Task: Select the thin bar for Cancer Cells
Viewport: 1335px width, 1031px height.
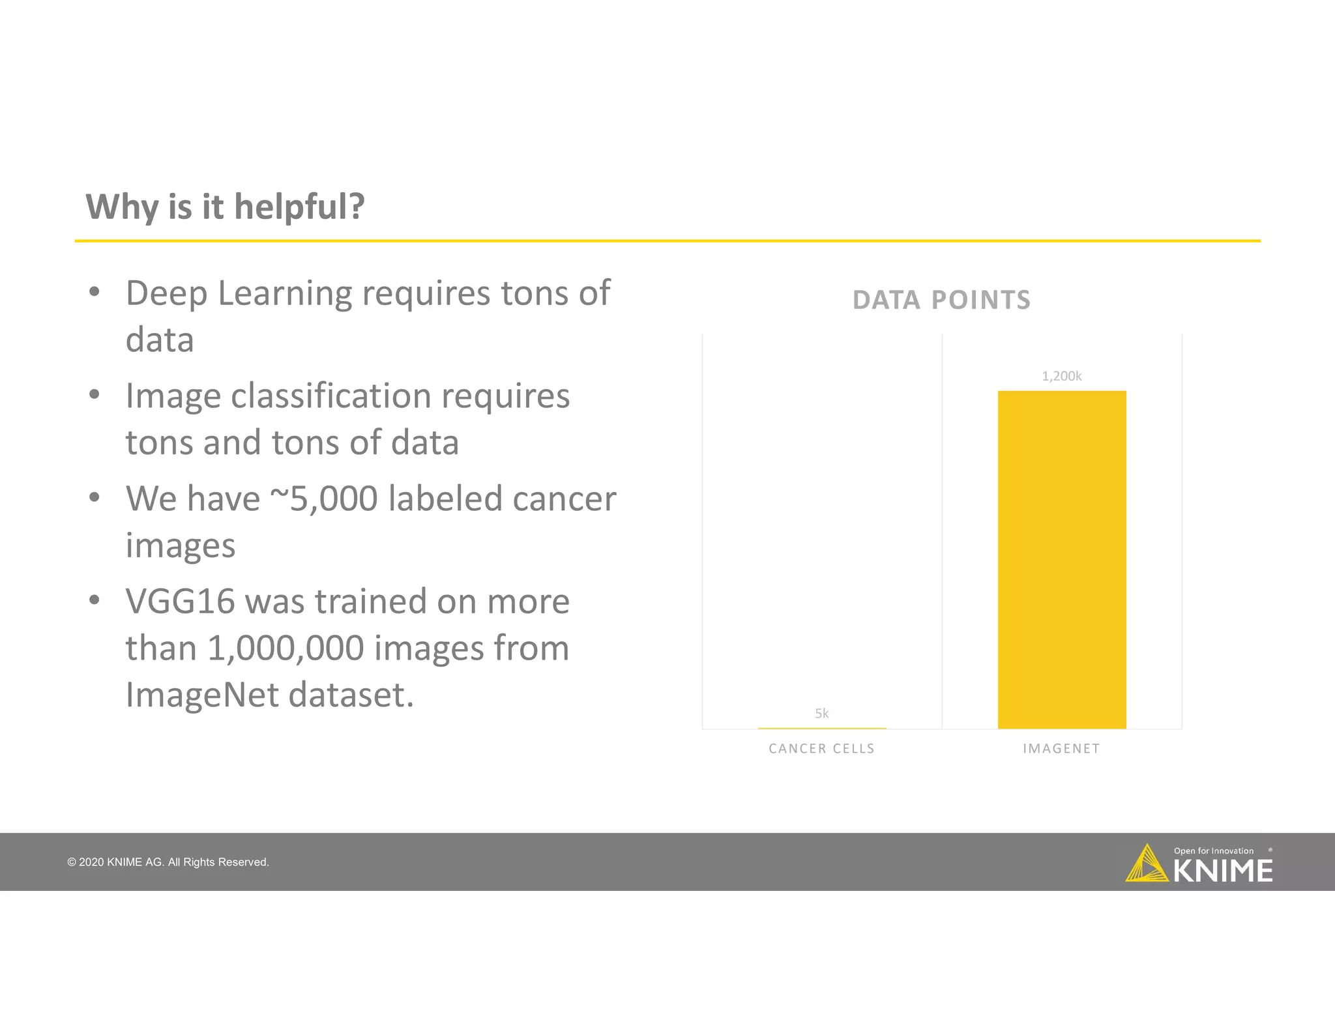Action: (821, 728)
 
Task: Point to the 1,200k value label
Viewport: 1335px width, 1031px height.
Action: (1061, 376)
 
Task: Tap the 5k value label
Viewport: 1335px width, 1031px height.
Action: (821, 714)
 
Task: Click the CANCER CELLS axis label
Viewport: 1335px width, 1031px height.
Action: (821, 749)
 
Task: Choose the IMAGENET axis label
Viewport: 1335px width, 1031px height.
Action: (1061, 749)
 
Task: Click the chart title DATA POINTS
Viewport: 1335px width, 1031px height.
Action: (941, 300)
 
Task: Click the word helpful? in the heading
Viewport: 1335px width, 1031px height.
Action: (299, 207)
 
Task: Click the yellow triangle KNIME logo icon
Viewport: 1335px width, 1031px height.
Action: (1146, 865)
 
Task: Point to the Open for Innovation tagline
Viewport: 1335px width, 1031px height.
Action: (1213, 850)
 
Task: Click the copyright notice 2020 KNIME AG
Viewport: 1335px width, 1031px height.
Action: (168, 862)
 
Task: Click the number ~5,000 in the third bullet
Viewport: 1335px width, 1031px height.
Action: (323, 499)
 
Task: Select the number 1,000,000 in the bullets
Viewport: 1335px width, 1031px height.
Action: (286, 648)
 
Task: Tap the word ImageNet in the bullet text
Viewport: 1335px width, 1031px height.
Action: (202, 695)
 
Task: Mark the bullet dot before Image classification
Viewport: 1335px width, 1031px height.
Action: (95, 394)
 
